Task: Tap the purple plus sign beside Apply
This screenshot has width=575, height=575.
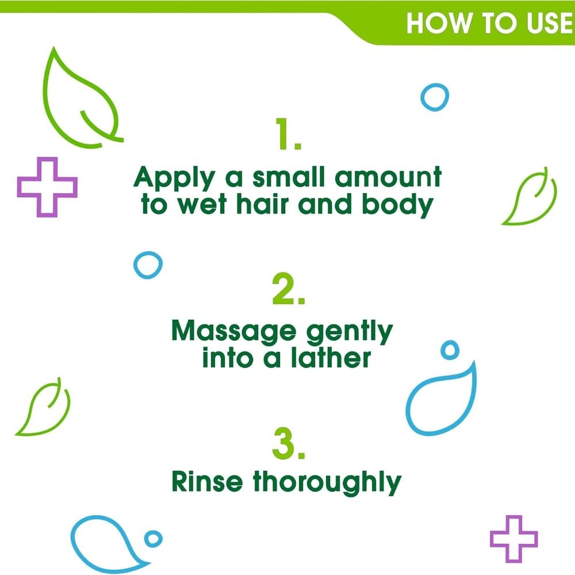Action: coord(47,187)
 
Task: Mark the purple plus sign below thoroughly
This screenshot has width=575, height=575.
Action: coord(513,539)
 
